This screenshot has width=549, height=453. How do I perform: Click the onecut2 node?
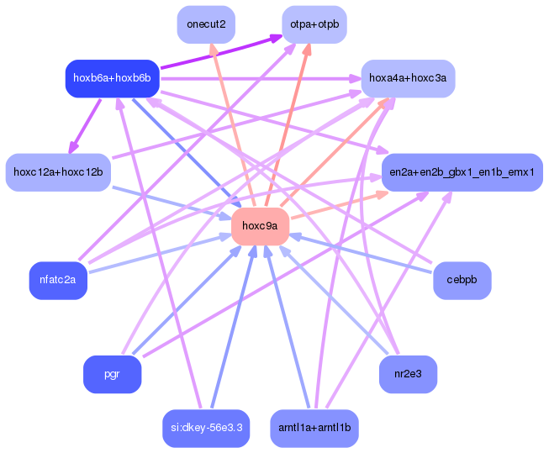click(x=206, y=24)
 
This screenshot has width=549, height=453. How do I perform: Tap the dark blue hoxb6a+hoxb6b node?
click(x=112, y=78)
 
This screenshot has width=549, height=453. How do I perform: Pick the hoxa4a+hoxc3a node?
click(x=408, y=78)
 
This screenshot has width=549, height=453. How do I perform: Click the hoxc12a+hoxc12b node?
click(x=58, y=172)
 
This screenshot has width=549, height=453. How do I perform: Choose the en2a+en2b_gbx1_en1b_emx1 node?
click(x=462, y=172)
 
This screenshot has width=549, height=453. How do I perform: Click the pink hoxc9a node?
click(x=260, y=226)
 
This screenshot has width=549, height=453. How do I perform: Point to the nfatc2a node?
click(x=58, y=280)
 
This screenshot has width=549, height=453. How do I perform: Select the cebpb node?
click(x=462, y=280)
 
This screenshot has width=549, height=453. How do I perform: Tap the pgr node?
click(x=112, y=374)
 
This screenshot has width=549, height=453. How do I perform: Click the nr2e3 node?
click(x=408, y=374)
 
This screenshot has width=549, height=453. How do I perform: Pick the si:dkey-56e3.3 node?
click(x=206, y=428)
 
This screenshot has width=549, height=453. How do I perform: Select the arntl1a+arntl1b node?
click(x=314, y=428)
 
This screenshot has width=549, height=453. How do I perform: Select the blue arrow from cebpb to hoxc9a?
click(x=362, y=253)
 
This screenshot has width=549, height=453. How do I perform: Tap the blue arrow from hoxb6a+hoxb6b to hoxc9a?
click(x=185, y=151)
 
